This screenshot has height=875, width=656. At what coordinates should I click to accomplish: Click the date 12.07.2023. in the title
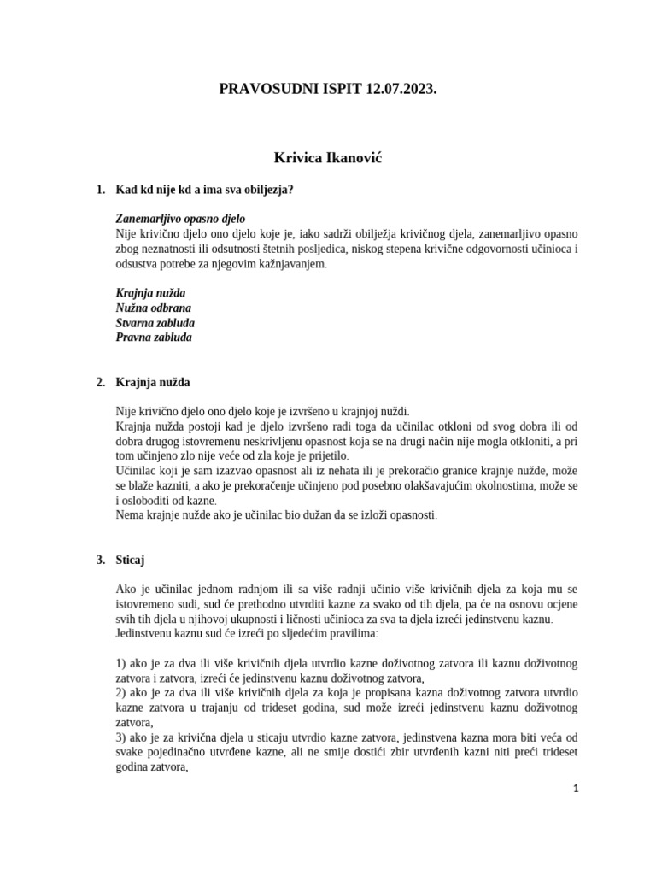point(394,87)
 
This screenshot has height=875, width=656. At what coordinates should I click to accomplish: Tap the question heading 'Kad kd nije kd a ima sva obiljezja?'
point(204,189)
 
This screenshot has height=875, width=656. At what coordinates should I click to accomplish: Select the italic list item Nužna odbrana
point(154,308)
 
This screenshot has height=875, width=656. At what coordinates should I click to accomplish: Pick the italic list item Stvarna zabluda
point(155,322)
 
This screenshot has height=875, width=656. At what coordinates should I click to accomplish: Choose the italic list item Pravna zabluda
point(154,337)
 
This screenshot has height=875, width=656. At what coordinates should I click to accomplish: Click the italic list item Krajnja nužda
point(150,293)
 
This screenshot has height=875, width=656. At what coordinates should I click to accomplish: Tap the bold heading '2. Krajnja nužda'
point(159,382)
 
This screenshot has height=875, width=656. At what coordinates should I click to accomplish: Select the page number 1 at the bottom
point(576,789)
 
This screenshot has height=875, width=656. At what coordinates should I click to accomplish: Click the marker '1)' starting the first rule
point(120,664)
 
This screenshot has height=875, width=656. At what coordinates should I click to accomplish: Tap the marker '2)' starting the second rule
point(120,693)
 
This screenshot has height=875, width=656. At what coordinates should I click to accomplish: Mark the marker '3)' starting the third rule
point(120,737)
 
